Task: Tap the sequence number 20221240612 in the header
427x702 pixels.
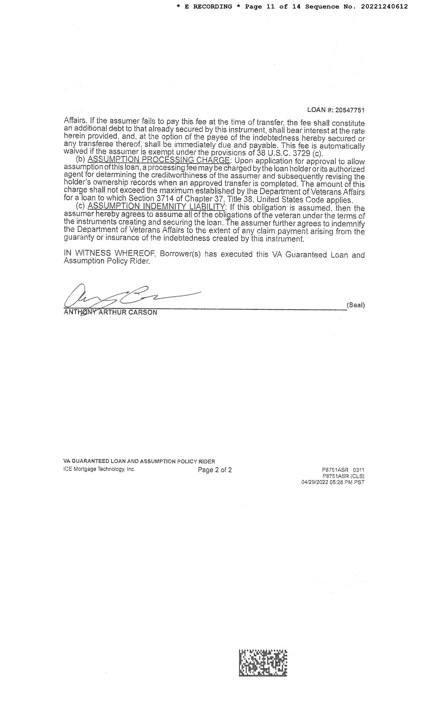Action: [x=384, y=7]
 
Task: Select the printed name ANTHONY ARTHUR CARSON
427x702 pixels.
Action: [x=111, y=312]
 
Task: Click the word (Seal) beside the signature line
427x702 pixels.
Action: [x=355, y=305]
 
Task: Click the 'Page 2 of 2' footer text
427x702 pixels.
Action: [x=215, y=470]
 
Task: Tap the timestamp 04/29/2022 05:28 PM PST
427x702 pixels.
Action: [x=333, y=482]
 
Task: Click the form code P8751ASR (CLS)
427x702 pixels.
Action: [x=343, y=476]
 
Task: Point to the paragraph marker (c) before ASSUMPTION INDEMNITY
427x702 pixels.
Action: [x=80, y=206]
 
